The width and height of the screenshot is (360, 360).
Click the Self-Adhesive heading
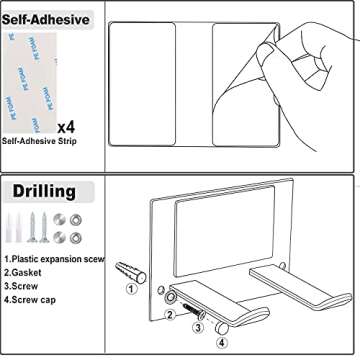pyautogui.click(x=46, y=20)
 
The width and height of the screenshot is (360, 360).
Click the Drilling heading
pyautogui.click(x=44, y=191)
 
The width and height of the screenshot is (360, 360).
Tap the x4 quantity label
pyautogui.click(x=66, y=127)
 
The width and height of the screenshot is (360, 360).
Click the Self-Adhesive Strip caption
pyautogui.click(x=39, y=141)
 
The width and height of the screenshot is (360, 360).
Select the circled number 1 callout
pyautogui.click(x=131, y=289)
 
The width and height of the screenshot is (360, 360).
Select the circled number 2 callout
pyautogui.click(x=170, y=314)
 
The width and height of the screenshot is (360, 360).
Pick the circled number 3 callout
pyautogui.click(x=198, y=327)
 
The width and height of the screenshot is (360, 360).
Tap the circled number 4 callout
pyautogui.click(x=222, y=342)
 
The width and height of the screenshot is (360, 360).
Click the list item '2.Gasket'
pyautogui.click(x=23, y=273)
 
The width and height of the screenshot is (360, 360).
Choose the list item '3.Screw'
pyautogui.click(x=21, y=286)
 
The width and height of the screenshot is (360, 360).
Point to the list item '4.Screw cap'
pyautogui.click(x=30, y=300)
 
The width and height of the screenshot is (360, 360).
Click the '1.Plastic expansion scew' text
pyautogui.click(x=54, y=259)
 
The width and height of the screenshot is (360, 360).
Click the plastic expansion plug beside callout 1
pyautogui.click(x=131, y=272)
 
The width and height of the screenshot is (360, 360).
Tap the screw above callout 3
pyautogui.click(x=193, y=308)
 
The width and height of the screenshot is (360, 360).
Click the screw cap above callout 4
pyautogui.click(x=221, y=328)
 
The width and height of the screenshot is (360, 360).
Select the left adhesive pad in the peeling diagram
pyautogui.click(x=142, y=84)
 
